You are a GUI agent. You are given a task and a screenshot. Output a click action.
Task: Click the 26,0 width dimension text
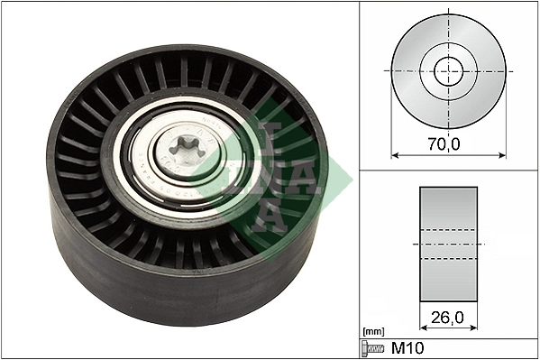tap(448, 318)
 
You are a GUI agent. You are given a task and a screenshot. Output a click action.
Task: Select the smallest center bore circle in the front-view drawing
tap(448, 69)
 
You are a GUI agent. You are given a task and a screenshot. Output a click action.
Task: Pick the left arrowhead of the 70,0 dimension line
tap(394, 155)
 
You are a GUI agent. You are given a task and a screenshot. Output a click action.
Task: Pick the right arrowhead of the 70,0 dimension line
tap(502, 155)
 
